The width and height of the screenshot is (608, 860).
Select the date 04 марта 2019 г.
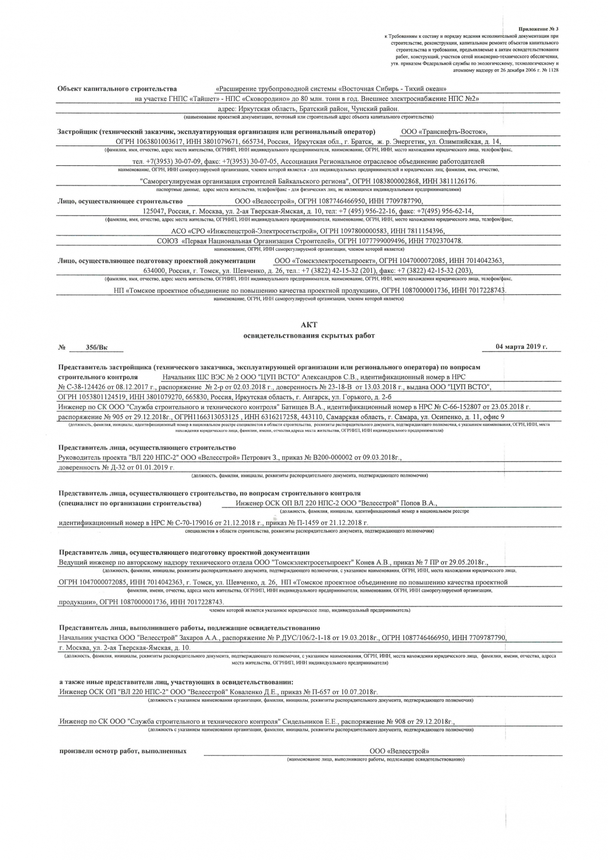[x=521, y=347]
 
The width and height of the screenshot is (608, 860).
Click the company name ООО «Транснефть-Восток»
[x=444, y=132]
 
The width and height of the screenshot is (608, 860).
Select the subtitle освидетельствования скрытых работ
[x=309, y=336]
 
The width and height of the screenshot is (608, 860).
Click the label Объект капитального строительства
[x=117, y=89]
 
